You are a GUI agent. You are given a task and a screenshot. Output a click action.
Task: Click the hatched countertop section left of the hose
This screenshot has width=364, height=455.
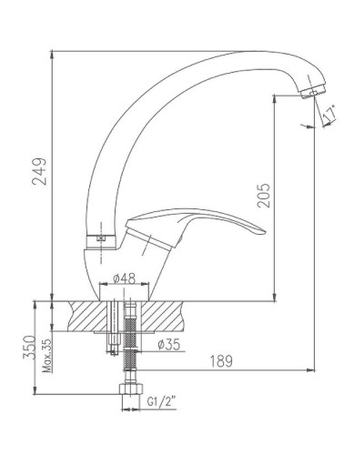click(86, 316)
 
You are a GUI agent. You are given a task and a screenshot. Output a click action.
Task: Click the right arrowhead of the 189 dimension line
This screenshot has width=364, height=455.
click(312, 369)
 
